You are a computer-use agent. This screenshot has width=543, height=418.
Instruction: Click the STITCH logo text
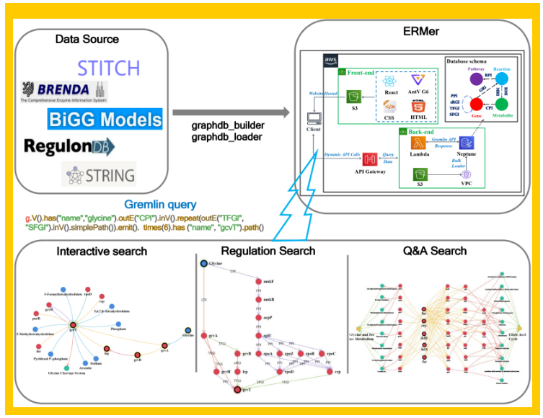click(108, 68)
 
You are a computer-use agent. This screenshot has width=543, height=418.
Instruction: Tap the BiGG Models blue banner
click(105, 118)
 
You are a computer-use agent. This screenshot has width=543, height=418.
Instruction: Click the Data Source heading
click(87, 38)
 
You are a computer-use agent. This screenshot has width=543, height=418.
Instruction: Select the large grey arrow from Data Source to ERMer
click(231, 112)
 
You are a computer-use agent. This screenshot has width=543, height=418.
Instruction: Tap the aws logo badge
click(331, 60)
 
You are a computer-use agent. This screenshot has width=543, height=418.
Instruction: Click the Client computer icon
click(314, 117)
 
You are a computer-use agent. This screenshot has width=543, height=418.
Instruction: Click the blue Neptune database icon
click(465, 143)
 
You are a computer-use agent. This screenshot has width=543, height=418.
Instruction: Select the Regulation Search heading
click(268, 250)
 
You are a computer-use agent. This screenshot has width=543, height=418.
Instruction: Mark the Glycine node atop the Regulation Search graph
click(205, 264)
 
